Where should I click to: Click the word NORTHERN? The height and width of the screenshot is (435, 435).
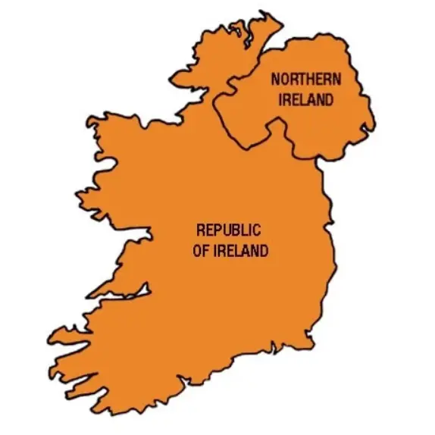pyautogui.click(x=305, y=79)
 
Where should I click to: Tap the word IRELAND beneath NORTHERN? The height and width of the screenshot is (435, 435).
pyautogui.click(x=305, y=99)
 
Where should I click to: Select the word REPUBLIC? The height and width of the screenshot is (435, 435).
pyautogui.click(x=228, y=230)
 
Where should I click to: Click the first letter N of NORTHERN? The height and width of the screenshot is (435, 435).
pyautogui.click(x=276, y=79)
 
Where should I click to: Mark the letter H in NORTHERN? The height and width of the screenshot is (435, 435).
pyautogui.click(x=311, y=79)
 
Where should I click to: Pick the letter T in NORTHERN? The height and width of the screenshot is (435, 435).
pyautogui.click(x=302, y=79)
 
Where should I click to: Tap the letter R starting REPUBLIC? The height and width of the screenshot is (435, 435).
pyautogui.click(x=200, y=230)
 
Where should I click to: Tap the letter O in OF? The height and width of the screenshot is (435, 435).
pyautogui.click(x=197, y=251)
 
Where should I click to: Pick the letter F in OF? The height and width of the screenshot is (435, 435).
pyautogui.click(x=205, y=251)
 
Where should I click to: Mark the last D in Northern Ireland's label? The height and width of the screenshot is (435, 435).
pyautogui.click(x=330, y=99)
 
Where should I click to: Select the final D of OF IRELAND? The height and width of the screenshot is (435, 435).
pyautogui.click(x=264, y=251)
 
